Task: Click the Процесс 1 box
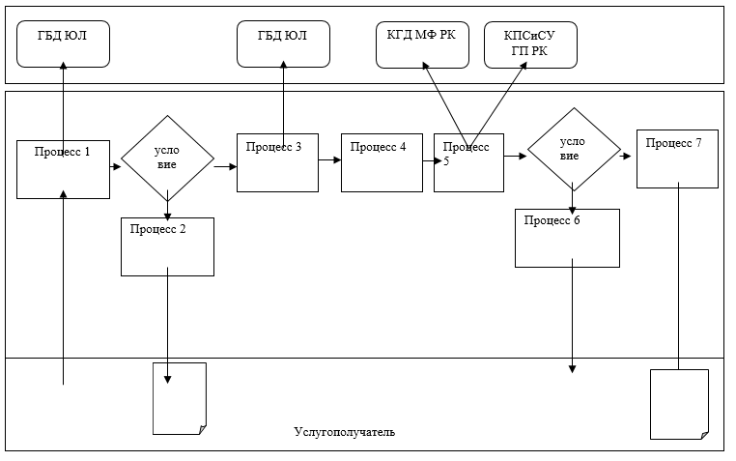pyautogui.click(x=63, y=169)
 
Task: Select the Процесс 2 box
pyautogui.click(x=167, y=246)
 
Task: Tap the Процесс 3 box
pyautogui.click(x=277, y=162)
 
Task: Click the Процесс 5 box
pyautogui.click(x=468, y=162)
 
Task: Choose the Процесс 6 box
pyautogui.click(x=567, y=238)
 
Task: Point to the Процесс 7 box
pyautogui.click(x=677, y=158)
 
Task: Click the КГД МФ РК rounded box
pyautogui.click(x=422, y=44)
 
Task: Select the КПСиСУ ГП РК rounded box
pyautogui.click(x=530, y=44)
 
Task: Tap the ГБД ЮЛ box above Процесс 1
pyautogui.click(x=63, y=44)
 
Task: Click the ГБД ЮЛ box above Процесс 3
pyautogui.click(x=283, y=44)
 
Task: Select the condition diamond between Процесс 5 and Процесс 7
pyautogui.click(x=572, y=149)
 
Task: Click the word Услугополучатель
pyautogui.click(x=344, y=431)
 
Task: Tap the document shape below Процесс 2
pyautogui.click(x=180, y=398)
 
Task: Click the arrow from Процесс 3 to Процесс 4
pyautogui.click(x=329, y=161)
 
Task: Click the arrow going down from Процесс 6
pyautogui.click(x=572, y=319)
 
